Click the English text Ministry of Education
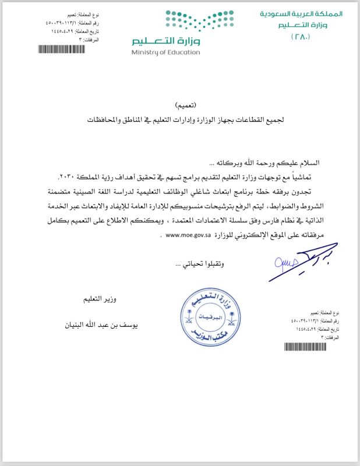165,52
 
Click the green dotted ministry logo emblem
180,21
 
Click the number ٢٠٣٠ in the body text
68,176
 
